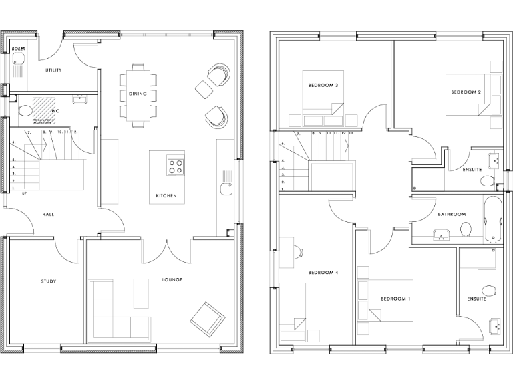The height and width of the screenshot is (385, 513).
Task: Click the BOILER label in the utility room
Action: (17, 49)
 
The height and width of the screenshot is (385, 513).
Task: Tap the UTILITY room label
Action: (54, 70)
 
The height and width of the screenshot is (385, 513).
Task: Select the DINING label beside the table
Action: (138, 94)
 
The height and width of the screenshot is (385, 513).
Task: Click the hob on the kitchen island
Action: (176, 166)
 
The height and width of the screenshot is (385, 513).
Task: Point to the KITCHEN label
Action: (166, 195)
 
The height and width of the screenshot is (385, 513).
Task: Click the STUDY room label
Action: (48, 281)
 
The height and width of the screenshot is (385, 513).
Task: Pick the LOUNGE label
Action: (172, 279)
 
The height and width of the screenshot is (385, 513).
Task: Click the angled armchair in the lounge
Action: (207, 318)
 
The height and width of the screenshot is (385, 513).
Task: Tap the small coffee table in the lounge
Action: (141, 293)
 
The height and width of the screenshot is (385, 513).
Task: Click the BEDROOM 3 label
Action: (323, 86)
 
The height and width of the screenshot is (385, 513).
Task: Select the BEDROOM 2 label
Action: (466, 92)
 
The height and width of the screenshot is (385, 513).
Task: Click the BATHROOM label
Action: (452, 214)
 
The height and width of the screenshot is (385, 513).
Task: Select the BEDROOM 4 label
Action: (323, 273)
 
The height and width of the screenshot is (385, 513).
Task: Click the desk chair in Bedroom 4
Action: (299, 251)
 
